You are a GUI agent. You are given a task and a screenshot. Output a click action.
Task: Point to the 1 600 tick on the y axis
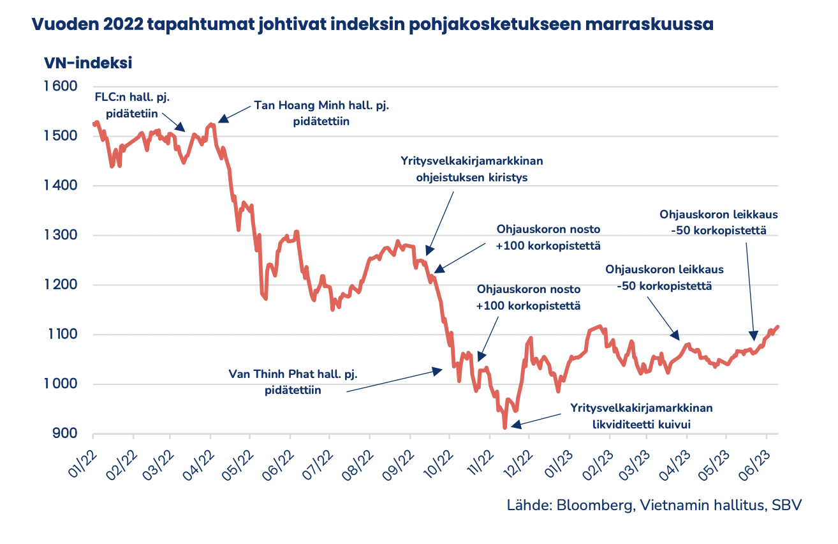[x=60, y=87]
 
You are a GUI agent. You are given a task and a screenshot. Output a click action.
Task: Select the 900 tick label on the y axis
[x=64, y=434]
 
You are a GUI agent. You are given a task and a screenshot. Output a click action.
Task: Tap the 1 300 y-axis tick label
[x=60, y=236]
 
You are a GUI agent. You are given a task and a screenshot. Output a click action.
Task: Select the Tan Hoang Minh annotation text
[x=321, y=112]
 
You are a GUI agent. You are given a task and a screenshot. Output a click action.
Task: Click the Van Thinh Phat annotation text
[x=293, y=382]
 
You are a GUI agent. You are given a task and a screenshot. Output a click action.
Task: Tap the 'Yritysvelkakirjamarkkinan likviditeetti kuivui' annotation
[x=641, y=416]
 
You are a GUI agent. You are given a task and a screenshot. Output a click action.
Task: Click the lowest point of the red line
[x=504, y=427]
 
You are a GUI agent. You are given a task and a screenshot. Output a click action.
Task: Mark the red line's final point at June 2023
[x=777, y=327]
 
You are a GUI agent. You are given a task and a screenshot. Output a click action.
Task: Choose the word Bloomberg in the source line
[x=592, y=504]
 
